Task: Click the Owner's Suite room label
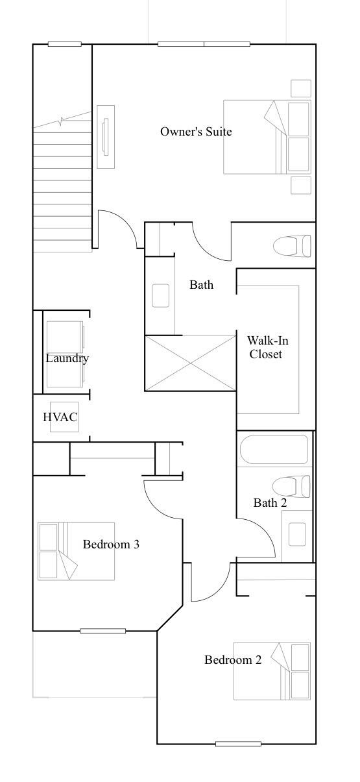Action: coord(196,132)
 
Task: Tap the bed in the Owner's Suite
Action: coord(267,136)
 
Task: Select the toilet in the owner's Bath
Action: coord(292,246)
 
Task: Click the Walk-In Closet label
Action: coord(265,347)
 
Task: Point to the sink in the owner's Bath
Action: coord(161,295)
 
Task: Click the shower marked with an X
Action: coord(190,363)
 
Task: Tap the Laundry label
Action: coord(67,358)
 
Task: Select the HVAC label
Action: coord(60,417)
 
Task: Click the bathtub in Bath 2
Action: coord(274,450)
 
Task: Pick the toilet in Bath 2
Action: coord(292,486)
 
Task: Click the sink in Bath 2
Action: coord(297,534)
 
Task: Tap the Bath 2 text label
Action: coord(270,503)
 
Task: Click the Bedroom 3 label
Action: coord(111,544)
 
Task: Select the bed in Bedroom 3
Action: coord(76,551)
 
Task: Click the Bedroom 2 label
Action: coord(233,660)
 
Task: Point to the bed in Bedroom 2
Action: coord(272,671)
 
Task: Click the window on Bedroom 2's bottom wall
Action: coord(238,744)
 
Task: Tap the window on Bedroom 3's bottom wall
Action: coord(102,631)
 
